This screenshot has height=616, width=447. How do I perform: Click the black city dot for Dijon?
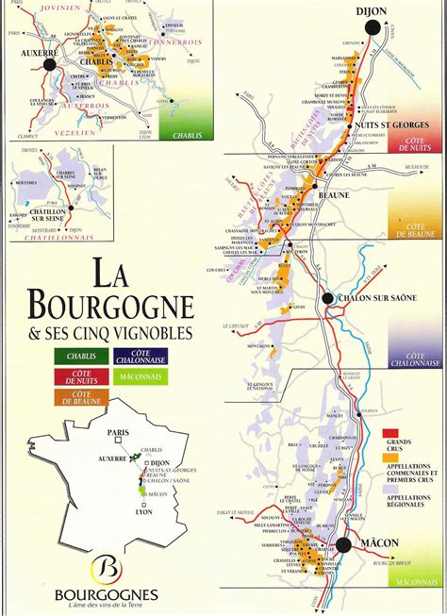374,30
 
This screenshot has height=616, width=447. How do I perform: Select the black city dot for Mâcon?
344,545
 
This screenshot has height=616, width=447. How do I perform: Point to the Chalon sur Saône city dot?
327,299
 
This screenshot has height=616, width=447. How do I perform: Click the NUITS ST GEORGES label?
386,124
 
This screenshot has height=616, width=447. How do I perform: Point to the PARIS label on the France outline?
116,433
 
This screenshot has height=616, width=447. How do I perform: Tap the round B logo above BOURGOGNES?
108,570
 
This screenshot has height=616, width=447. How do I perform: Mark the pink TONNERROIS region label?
176,41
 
